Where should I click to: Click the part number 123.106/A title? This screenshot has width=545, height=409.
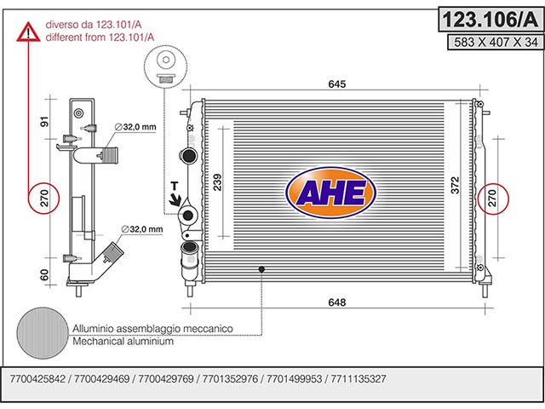490,20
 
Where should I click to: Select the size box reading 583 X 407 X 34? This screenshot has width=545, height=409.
496,42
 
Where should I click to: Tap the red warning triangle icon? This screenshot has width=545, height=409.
28,32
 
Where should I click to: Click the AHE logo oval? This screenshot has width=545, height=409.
331,193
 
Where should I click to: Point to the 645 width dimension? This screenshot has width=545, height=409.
337,84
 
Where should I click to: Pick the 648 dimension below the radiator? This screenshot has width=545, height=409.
337,302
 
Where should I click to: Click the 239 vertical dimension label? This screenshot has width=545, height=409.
217,182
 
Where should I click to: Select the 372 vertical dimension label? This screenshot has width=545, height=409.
455,185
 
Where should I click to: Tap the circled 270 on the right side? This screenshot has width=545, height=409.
493,199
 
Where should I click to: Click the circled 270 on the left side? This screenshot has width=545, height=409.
43,199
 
